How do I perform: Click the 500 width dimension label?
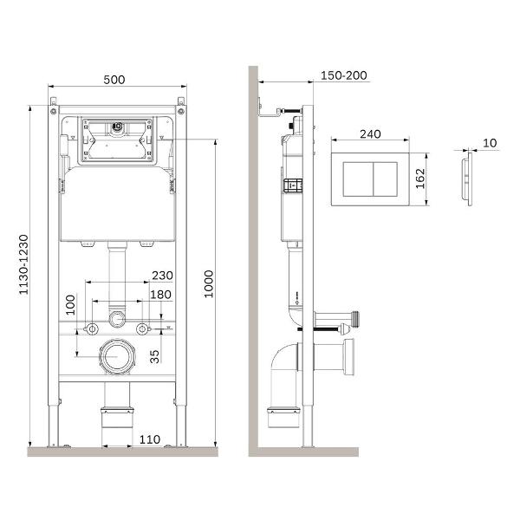[114, 80]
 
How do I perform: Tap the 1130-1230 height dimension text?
[24, 264]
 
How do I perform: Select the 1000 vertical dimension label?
[209, 284]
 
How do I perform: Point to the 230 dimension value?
[162, 276]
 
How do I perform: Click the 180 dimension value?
[161, 295]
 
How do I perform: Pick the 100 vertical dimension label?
[71, 305]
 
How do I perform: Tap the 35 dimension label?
[154, 356]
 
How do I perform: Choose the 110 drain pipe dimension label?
[150, 439]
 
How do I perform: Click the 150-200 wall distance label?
[344, 75]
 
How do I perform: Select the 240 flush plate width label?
[370, 134]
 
